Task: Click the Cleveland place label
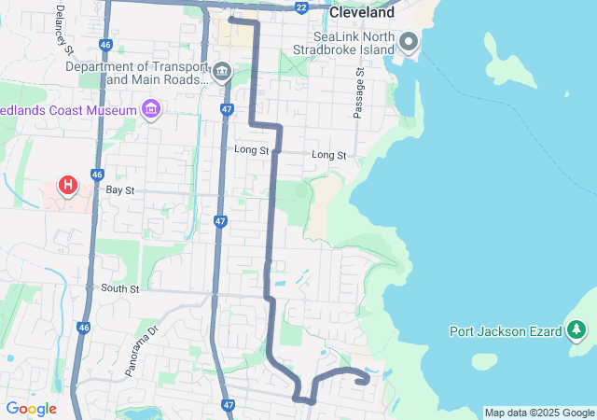pos(363,13)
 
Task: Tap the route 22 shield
pos(300,7)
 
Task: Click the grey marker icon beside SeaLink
pos(409,42)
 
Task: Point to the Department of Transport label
pos(135,67)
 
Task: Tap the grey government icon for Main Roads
pos(222,72)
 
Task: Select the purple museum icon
pos(151,111)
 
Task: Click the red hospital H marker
pos(68,185)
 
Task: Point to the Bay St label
pos(120,190)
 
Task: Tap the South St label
pos(119,289)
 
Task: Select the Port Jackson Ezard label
pos(505,331)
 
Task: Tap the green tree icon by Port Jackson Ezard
pos(577,329)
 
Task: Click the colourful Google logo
pos(31,409)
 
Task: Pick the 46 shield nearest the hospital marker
pos(97,175)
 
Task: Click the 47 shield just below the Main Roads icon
pos(227,109)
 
